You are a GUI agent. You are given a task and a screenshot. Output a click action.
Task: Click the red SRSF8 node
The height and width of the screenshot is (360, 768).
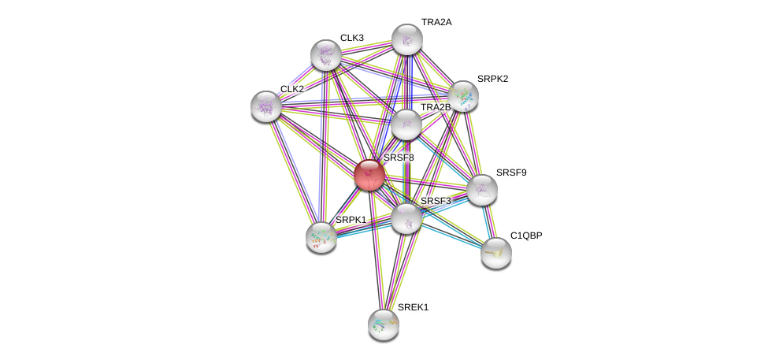(369, 174)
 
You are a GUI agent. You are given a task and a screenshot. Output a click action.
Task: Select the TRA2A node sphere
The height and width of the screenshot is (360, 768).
(406, 39)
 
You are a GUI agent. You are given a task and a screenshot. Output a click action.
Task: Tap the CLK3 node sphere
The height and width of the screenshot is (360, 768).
(325, 55)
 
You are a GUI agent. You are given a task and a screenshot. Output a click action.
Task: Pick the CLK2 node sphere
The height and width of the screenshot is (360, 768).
(266, 106)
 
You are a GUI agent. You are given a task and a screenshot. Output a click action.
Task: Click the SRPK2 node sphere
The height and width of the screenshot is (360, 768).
(462, 96)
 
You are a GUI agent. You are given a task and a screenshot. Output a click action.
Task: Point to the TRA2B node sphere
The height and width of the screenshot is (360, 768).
(406, 124)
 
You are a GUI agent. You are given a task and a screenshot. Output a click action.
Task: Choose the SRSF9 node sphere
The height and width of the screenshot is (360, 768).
(481, 189)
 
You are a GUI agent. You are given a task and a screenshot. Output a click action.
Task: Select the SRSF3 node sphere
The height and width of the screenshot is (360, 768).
(406, 217)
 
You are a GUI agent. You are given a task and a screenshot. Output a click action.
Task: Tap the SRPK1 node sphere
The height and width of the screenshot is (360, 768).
(321, 236)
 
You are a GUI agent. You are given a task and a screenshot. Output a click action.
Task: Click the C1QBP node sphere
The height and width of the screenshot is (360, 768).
(496, 252)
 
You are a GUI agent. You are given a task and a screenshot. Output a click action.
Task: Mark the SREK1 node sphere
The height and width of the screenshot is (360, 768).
(384, 324)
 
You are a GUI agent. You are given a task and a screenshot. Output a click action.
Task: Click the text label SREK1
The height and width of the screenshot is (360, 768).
(414, 307)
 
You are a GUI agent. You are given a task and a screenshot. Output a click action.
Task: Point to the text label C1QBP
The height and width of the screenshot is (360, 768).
(526, 236)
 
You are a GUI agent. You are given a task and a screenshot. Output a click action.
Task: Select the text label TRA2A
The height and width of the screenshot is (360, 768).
(436, 23)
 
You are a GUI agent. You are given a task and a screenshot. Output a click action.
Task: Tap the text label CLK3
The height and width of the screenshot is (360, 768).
(352, 38)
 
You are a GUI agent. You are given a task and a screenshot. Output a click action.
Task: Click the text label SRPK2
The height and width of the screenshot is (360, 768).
(492, 79)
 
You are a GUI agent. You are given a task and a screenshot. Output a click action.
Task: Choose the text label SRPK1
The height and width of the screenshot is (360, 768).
(351, 219)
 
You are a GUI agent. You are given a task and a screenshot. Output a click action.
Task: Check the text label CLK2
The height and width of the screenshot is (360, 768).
(291, 89)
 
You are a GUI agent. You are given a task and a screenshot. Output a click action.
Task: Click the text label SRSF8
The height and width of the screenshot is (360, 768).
(399, 158)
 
